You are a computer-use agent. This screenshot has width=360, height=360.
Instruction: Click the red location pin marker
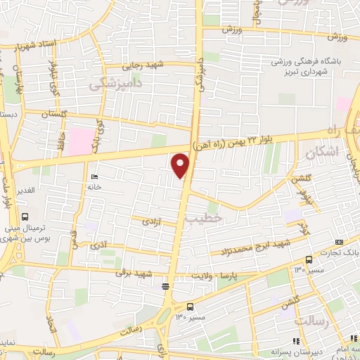181,166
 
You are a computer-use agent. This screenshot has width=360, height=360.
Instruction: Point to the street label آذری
99,245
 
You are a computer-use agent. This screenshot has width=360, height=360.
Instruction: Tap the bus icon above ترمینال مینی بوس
25,217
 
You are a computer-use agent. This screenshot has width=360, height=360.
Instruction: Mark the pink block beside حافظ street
83,139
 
